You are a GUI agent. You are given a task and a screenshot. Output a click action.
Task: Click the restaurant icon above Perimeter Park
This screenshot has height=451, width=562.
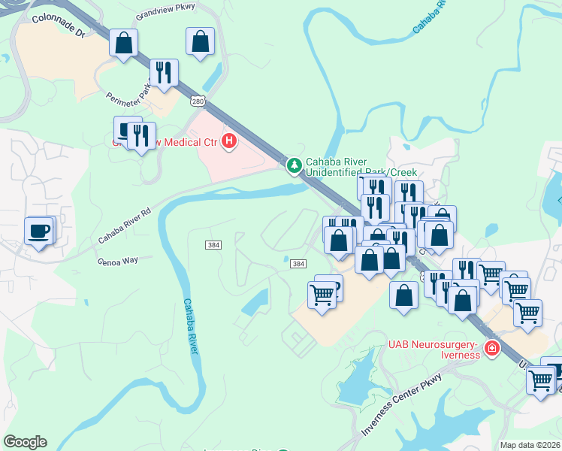click(163, 73)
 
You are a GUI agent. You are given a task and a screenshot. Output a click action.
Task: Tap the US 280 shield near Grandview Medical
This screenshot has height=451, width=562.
click(198, 101)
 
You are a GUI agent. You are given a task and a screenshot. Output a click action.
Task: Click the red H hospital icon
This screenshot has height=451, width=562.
click(229, 141)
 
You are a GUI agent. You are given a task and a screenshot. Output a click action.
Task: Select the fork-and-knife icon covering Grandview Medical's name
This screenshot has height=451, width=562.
click(140, 135)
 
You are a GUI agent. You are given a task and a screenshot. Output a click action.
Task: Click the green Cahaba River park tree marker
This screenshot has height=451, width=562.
click(294, 163)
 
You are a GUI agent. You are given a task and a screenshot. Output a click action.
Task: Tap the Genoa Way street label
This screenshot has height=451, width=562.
click(119, 262)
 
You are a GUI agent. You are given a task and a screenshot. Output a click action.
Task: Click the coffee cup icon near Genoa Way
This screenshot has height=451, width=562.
click(38, 230)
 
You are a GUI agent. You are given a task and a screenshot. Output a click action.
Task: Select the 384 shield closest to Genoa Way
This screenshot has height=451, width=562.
click(213, 246)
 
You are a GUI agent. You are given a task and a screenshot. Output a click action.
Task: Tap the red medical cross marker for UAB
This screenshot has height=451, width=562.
click(491, 349)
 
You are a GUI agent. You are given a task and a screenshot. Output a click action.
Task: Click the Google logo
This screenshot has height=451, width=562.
click(25, 442)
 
